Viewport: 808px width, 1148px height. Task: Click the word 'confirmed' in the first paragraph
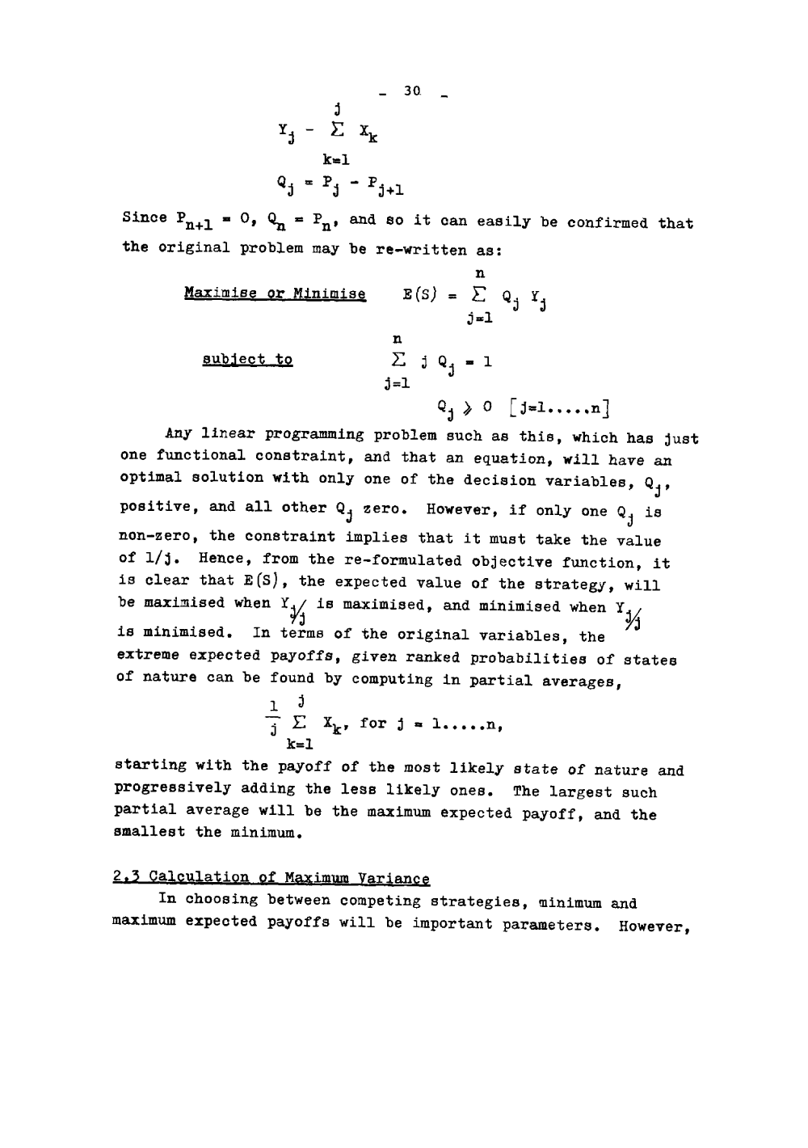coord(606,222)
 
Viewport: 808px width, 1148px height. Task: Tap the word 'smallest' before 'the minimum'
coord(151,832)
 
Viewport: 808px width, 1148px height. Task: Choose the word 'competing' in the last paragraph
coord(377,901)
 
